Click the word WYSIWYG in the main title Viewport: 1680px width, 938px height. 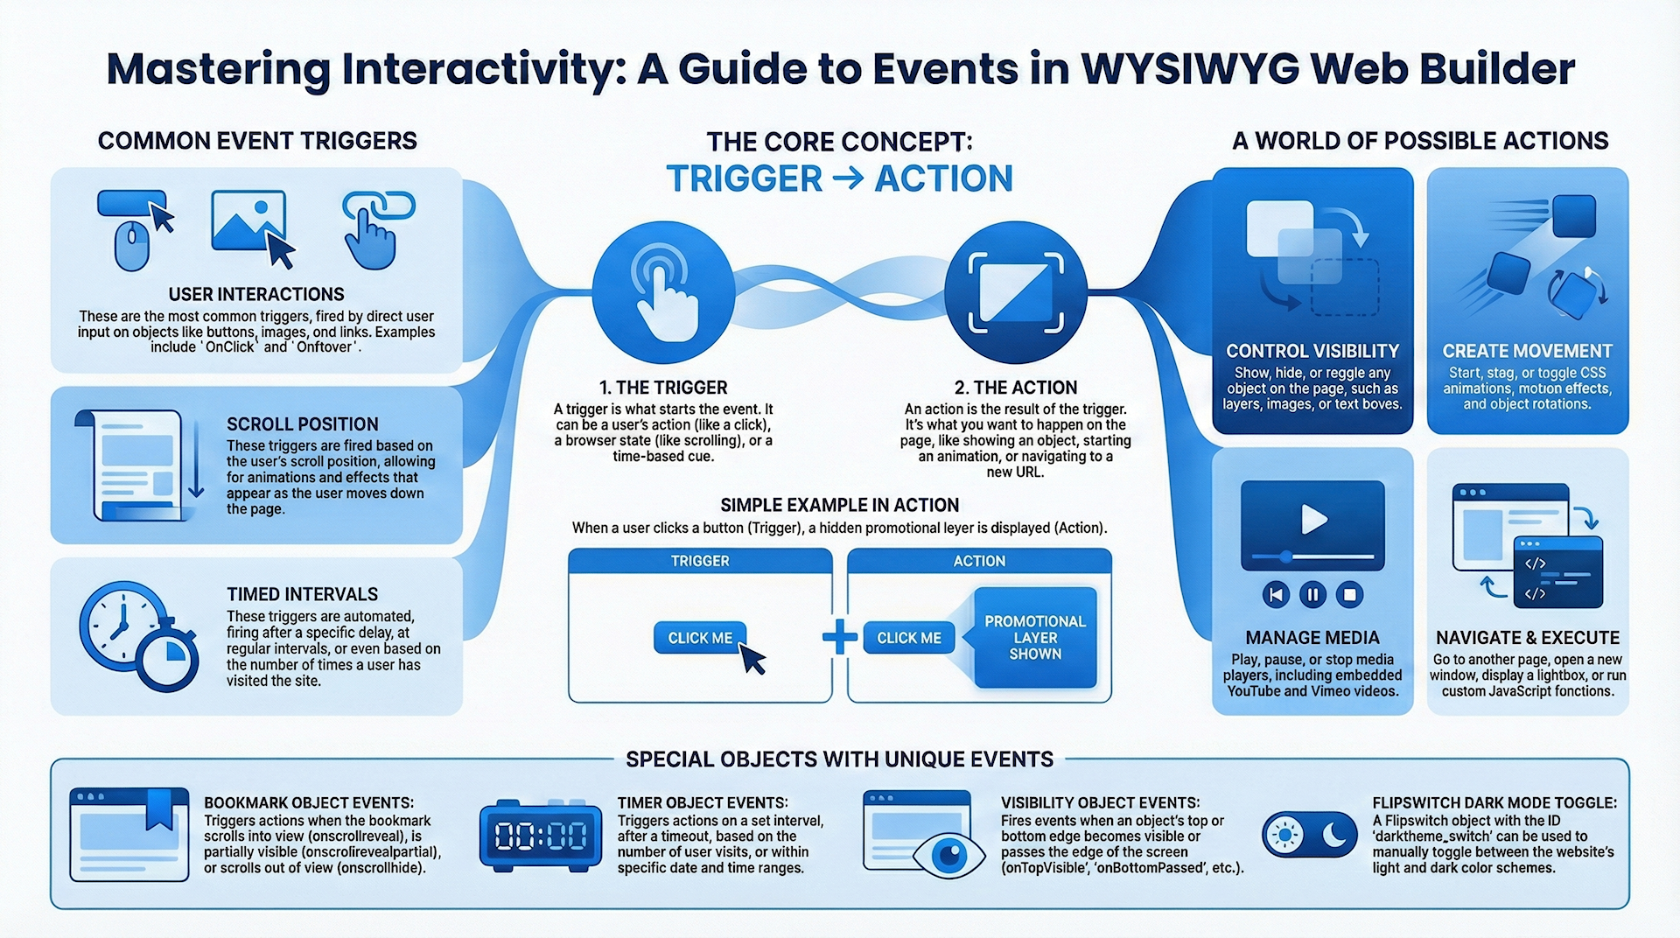click(1190, 69)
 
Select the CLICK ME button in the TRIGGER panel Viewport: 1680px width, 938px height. click(700, 638)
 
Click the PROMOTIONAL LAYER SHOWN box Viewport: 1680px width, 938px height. click(1035, 637)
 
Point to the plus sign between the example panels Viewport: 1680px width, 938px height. click(840, 637)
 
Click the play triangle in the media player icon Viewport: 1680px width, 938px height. click(1312, 519)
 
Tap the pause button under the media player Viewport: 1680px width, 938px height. click(1312, 595)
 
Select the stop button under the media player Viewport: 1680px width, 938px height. click(1349, 595)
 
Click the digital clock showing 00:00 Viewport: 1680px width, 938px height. click(541, 836)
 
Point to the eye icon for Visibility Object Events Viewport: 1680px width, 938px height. click(949, 853)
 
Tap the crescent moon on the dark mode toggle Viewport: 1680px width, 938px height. click(1333, 835)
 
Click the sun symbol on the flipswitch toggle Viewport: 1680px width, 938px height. click(1284, 835)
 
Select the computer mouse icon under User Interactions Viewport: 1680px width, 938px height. click(132, 245)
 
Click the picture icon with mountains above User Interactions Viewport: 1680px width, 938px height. click(248, 220)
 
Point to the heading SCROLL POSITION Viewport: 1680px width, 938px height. click(303, 424)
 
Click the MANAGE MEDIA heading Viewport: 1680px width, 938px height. click(1312, 638)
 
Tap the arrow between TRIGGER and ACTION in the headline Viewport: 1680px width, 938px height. click(848, 179)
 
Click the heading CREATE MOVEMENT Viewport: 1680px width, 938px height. click(1527, 351)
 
